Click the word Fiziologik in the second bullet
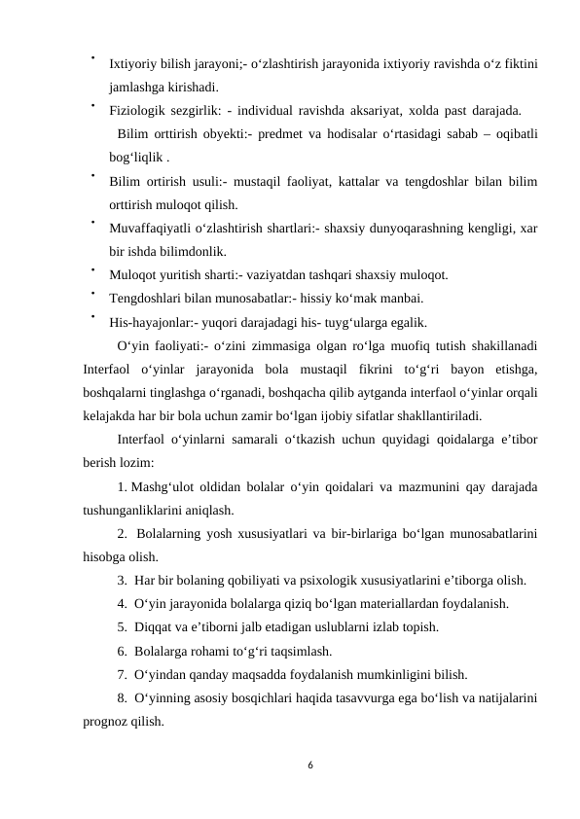138,110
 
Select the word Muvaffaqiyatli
154,228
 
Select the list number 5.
122,627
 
